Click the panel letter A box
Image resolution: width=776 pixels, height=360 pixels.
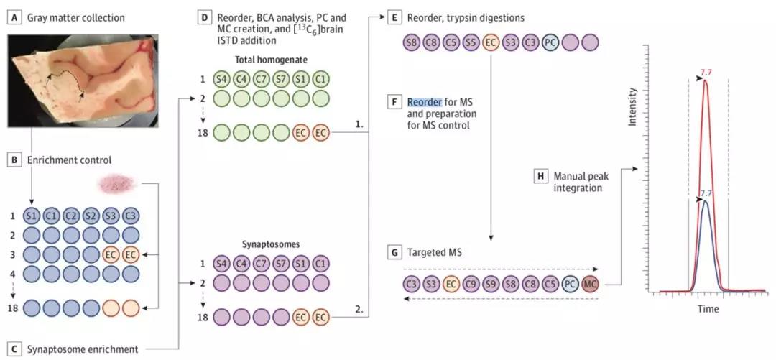coord(11,17)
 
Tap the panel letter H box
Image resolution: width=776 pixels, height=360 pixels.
coord(540,176)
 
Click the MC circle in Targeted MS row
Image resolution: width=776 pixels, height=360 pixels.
coord(591,284)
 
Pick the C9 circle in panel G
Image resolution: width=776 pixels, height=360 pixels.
coord(471,284)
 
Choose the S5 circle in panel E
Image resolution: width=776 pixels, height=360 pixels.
coord(471,42)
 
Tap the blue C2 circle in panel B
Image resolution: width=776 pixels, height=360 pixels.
coord(71,216)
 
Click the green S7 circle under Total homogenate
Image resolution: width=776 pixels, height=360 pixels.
coord(282,78)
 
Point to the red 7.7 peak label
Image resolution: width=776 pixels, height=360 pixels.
coord(706,72)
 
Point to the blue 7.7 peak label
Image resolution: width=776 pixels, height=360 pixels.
coord(706,193)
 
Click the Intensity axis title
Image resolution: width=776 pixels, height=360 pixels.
coord(632,107)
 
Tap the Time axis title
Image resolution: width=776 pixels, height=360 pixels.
coord(707,309)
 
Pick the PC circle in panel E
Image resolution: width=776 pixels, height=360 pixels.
coord(550,42)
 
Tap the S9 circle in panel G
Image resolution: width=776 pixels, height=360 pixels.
coord(491,284)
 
